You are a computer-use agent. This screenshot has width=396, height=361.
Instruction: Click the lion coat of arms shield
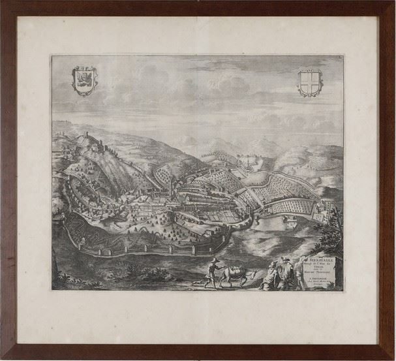point(84,82)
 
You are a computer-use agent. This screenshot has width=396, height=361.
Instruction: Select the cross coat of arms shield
point(310,83)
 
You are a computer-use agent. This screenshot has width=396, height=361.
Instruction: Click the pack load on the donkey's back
point(232,268)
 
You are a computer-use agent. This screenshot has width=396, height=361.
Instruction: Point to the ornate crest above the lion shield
point(84,69)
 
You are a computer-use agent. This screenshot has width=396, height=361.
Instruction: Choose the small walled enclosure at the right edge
point(322,211)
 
